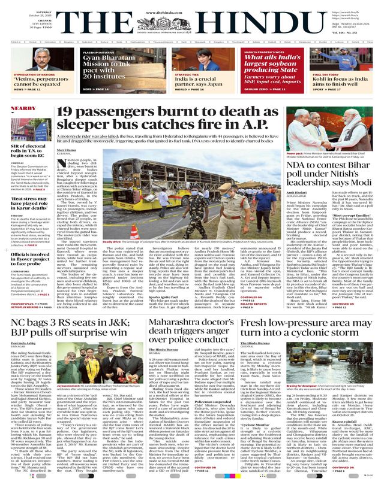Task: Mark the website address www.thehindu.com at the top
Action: pos(191,4)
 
